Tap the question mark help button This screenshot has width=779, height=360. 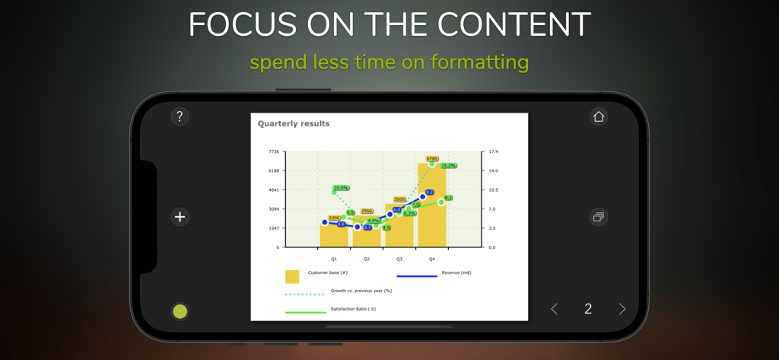point(180,116)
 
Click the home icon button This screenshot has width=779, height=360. point(599,116)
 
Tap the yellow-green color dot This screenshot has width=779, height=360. point(180,311)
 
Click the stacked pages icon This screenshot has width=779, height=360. point(599,217)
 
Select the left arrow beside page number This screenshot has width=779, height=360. point(554,309)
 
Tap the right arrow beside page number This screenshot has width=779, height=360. point(622,309)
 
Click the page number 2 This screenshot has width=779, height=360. point(588,309)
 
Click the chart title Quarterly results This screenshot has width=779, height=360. point(294,123)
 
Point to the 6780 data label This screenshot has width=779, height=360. point(432,159)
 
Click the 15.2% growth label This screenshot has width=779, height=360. point(449,165)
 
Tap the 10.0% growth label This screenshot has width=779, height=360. point(341,188)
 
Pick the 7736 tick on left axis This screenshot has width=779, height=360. point(274,152)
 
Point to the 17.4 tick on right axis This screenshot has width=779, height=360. point(493,152)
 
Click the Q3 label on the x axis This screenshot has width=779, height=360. point(399,259)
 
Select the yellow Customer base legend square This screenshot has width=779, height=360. point(292,277)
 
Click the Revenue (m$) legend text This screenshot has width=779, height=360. point(456,272)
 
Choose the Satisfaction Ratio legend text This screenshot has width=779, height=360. point(353,309)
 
